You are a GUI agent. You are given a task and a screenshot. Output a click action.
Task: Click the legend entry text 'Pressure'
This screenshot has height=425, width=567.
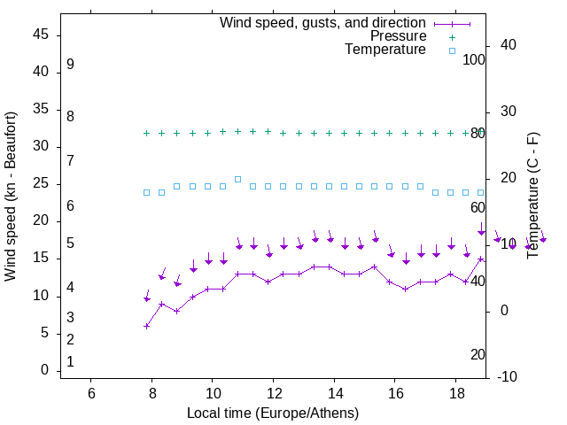coord(398,36)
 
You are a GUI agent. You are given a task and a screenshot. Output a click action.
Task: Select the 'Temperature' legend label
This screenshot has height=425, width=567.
coord(385,50)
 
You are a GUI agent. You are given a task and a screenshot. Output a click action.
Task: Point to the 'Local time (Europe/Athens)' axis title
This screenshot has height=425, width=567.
coord(273,413)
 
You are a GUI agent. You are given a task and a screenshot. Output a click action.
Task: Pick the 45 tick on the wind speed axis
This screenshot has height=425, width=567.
coord(41,35)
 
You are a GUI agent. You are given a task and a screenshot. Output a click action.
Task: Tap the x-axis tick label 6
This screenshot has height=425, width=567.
coord(91,393)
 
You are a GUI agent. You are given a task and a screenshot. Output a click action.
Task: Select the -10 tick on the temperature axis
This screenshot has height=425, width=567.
coord(507,377)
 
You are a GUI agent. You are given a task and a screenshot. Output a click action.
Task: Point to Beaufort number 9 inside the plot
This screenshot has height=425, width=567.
coord(70,65)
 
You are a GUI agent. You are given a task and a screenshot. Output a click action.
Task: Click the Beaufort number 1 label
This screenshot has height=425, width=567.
coord(70,362)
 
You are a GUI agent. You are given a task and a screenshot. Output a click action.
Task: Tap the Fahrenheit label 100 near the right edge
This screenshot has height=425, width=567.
coord(474,59)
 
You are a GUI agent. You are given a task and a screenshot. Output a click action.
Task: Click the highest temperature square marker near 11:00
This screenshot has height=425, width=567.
coord(237,179)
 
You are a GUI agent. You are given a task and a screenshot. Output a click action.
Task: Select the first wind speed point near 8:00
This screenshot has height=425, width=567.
coord(147,326)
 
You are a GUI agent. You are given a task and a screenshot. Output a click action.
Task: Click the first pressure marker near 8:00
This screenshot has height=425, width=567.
coord(147,133)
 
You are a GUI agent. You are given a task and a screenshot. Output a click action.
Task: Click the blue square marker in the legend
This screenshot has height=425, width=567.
coord(452,50)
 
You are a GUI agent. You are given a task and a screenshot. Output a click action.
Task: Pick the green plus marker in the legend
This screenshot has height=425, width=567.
coord(452,37)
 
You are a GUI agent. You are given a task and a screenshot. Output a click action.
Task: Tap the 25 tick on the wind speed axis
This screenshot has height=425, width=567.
coord(41,183)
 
